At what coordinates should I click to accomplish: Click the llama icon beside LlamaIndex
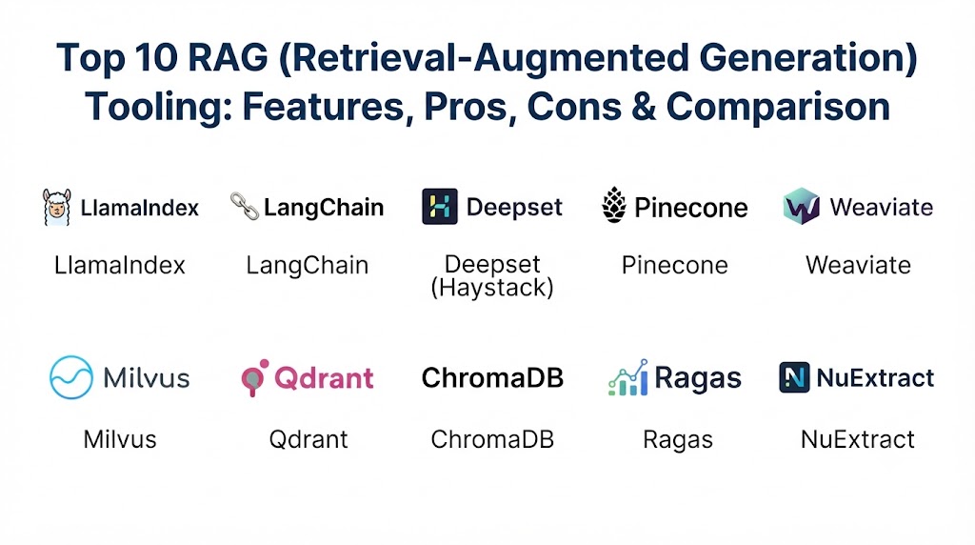[x=56, y=207]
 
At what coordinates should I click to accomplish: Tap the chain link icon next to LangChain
[x=245, y=206]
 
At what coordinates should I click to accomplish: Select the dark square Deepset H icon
[x=440, y=207]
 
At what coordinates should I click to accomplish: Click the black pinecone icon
[x=614, y=205]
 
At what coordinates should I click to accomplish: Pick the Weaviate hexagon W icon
[x=802, y=206]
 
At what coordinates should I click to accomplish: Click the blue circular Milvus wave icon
[x=71, y=377]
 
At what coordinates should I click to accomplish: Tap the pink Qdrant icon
[x=255, y=377]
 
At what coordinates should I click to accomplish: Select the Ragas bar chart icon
[x=628, y=377]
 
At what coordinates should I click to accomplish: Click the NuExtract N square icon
[x=794, y=377]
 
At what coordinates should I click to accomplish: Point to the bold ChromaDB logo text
[x=492, y=377]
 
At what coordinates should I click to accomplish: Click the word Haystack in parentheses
[x=492, y=288]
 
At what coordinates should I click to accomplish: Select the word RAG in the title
[x=228, y=58]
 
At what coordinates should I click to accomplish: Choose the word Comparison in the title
[x=778, y=107]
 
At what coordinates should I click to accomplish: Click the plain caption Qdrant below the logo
[x=308, y=439]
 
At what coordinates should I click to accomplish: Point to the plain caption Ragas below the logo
[x=678, y=440]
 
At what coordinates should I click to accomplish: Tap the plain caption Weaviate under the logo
[x=858, y=265]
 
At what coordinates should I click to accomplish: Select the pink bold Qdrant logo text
[x=324, y=377]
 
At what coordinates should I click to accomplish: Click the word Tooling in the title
[x=159, y=107]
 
